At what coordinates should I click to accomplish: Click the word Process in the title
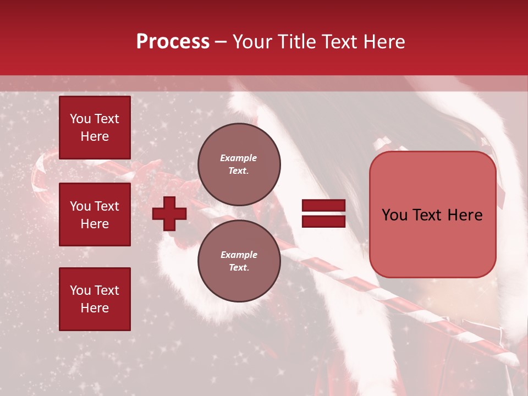click(x=173, y=41)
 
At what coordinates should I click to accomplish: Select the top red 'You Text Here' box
click(x=95, y=128)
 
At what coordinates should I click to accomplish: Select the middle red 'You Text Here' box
click(x=95, y=215)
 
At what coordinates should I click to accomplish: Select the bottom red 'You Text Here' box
click(x=95, y=299)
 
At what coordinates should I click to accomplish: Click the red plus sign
click(x=169, y=213)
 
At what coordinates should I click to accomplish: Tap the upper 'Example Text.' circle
click(x=239, y=164)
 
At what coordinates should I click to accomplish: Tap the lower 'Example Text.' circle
click(x=239, y=261)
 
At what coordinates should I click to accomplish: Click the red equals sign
click(x=323, y=213)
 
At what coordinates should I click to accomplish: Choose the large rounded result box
click(x=432, y=215)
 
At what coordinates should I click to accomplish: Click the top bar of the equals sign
click(x=323, y=206)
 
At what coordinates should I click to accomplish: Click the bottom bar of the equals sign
click(x=323, y=221)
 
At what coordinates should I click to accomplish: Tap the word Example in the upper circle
click(x=239, y=158)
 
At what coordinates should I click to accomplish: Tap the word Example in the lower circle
click(x=239, y=255)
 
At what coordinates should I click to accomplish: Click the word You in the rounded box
click(x=394, y=215)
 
